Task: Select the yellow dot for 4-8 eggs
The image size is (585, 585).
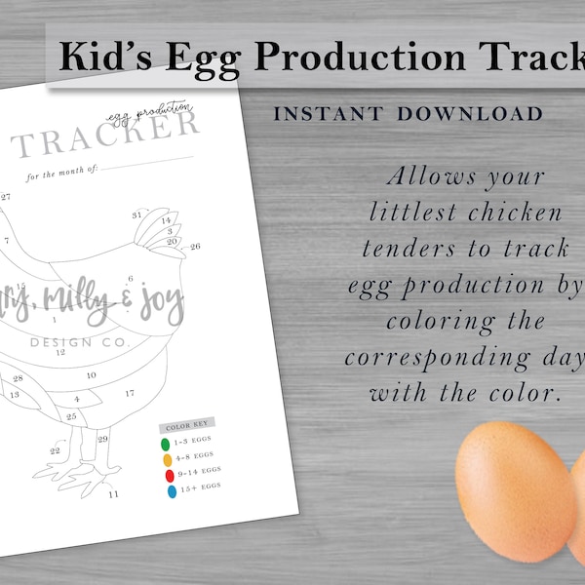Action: pos(168,459)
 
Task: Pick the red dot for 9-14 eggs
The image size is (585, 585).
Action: pos(170,476)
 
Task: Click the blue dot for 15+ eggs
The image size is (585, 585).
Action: pos(172,492)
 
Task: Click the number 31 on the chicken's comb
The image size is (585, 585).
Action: pos(137,214)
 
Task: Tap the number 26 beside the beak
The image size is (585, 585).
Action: pos(195,247)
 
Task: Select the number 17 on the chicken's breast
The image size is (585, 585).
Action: pos(130,393)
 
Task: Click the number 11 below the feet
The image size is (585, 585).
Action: pos(113,494)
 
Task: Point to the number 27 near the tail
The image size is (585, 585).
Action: pos(6,197)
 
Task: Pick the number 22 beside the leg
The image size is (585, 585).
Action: pos(56,450)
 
